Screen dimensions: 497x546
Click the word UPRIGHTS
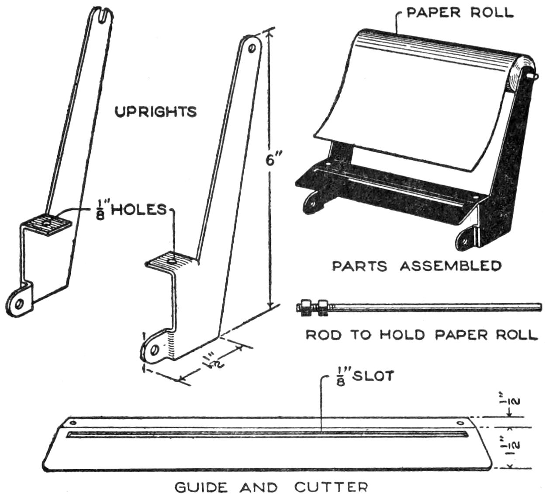[x=156, y=112]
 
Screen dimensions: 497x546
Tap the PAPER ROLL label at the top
[x=460, y=12]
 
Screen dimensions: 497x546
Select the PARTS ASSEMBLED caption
[x=416, y=266]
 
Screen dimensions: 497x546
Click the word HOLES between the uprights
[x=139, y=210]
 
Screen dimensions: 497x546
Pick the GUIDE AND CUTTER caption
[x=271, y=487]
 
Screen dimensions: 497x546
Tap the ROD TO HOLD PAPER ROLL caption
[x=421, y=335]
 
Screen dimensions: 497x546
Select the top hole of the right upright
[x=252, y=48]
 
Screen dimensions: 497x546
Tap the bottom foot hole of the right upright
[x=154, y=350]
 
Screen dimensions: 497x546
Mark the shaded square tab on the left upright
[x=48, y=224]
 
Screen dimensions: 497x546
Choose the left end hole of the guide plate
[x=73, y=423]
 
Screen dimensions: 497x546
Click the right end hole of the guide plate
[x=461, y=423]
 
